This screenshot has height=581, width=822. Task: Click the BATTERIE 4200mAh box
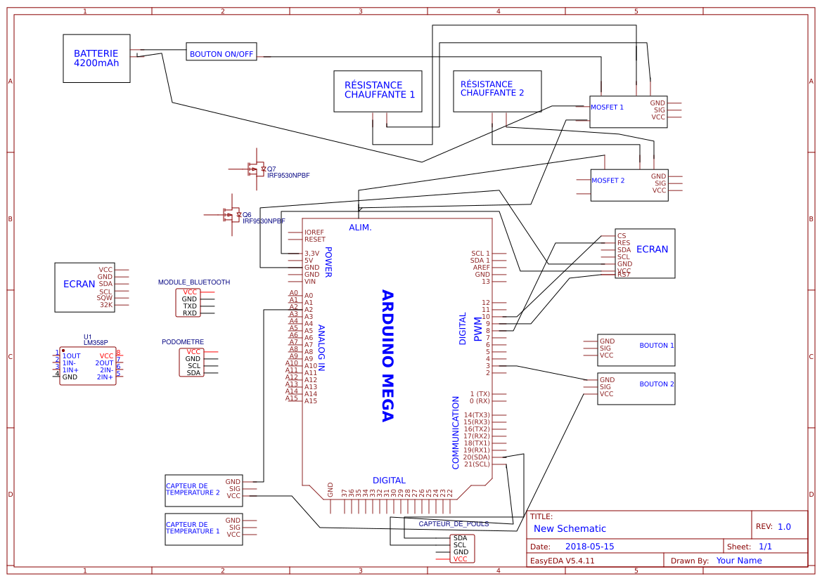pos(96,58)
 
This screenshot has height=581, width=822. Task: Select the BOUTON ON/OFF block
pos(221,53)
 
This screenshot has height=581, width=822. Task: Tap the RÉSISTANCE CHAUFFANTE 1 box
pos(378,91)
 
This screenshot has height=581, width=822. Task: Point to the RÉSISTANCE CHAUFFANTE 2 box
pos(497,90)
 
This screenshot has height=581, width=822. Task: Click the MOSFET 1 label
pos(608,107)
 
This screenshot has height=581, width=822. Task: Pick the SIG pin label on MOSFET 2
pos(660,183)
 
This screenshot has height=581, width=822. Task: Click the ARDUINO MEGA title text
pos(386,355)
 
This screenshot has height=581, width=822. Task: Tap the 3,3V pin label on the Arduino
pos(312,253)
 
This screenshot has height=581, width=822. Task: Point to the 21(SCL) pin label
pos(477,464)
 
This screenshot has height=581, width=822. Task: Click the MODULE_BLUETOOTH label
pos(194,282)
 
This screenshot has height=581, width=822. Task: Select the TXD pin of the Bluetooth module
pos(190,306)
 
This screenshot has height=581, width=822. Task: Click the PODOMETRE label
pos(183,342)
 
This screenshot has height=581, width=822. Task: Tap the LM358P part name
pos(96,342)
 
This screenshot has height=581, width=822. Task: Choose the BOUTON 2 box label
pos(657,384)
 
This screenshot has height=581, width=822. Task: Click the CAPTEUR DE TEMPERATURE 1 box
pos(203,528)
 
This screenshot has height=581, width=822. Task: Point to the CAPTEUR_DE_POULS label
pos(454,524)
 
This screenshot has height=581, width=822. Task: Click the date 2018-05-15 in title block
pos(589,547)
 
